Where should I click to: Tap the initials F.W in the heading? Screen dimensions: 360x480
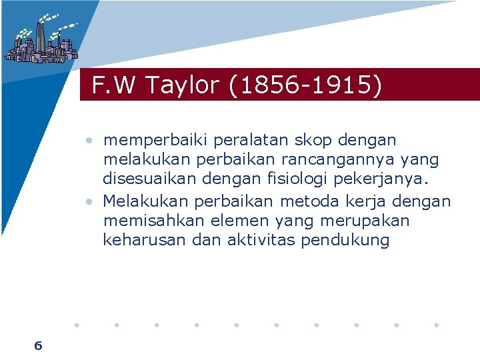pos(114,85)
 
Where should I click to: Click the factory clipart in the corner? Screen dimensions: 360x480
pos(40,39)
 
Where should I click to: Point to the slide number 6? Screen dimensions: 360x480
pos(38,345)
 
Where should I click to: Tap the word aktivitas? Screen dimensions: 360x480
pos(255,241)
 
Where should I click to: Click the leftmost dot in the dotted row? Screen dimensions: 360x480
pos(76,325)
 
